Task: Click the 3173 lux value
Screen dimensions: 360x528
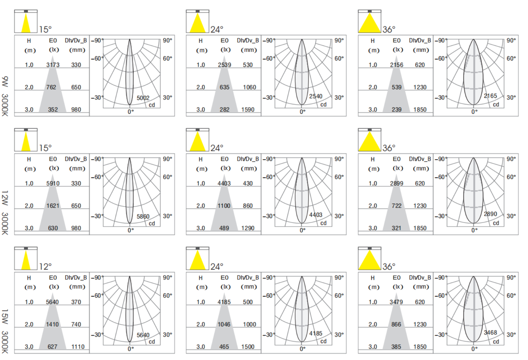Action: [53, 65]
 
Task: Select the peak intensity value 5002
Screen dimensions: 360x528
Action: [143, 98]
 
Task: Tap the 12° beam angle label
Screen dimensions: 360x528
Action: [46, 267]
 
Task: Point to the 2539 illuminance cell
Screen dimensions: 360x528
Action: [224, 65]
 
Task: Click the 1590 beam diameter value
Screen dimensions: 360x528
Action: [248, 110]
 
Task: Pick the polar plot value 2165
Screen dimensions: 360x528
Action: [490, 96]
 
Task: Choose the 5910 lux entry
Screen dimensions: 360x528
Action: [53, 184]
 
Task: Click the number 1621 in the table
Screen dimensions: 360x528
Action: [53, 206]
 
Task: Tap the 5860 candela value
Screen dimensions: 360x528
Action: [143, 217]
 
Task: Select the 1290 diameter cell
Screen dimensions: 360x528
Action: [248, 228]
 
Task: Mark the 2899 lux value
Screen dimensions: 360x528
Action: [397, 184]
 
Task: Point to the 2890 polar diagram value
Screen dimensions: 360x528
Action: [490, 214]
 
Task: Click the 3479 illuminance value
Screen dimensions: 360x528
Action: [396, 302]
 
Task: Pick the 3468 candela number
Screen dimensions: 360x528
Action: [490, 333]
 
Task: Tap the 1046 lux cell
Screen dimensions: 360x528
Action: [224, 325]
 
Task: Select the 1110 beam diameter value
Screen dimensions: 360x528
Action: [78, 347]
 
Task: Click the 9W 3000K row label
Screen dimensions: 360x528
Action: [5, 96]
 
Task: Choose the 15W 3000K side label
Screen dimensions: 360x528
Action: [5, 331]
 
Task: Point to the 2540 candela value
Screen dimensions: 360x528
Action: [316, 96]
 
